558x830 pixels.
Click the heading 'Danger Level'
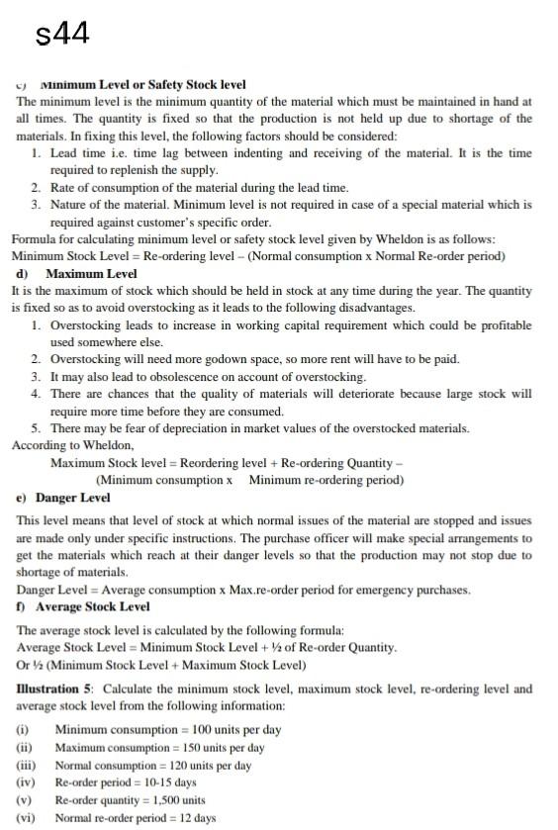(77, 498)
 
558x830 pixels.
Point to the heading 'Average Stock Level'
(92, 606)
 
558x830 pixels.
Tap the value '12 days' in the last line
(194, 818)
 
